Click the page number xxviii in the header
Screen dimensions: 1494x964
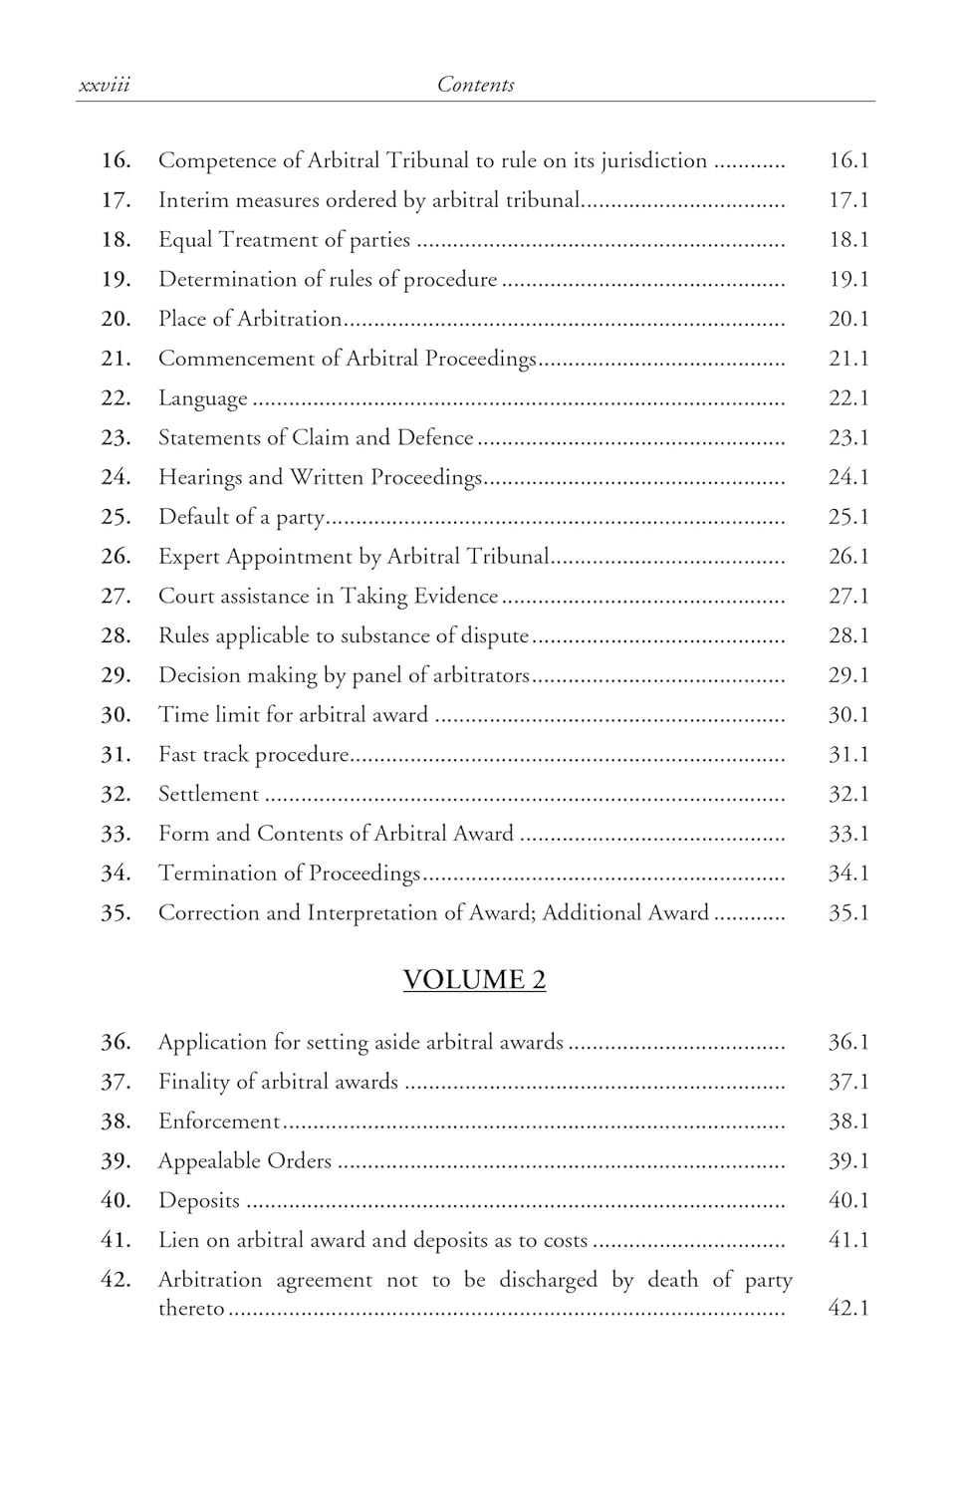point(105,86)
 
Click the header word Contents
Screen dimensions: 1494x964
point(475,86)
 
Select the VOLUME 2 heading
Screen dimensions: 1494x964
point(474,980)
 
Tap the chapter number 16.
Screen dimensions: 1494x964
point(116,160)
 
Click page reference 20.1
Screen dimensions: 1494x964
point(848,319)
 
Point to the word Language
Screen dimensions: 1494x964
point(203,398)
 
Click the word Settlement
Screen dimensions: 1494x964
point(208,794)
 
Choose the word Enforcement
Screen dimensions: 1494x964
point(219,1121)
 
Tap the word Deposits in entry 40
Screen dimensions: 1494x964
point(199,1201)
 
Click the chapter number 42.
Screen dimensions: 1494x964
point(116,1280)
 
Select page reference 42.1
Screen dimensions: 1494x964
point(848,1308)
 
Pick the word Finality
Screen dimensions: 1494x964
point(193,1082)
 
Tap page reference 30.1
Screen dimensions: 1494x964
point(848,715)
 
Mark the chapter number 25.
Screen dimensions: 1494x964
point(116,517)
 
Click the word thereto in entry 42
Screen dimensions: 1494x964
point(191,1308)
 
